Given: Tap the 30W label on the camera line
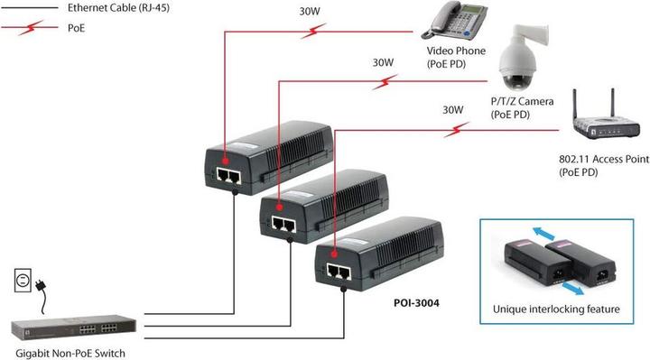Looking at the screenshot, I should coord(384,63).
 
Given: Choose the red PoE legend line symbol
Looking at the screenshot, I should coord(29,28).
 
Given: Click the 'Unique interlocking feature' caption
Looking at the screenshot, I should coord(555,309).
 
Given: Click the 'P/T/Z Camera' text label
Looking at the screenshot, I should coord(522,102).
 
